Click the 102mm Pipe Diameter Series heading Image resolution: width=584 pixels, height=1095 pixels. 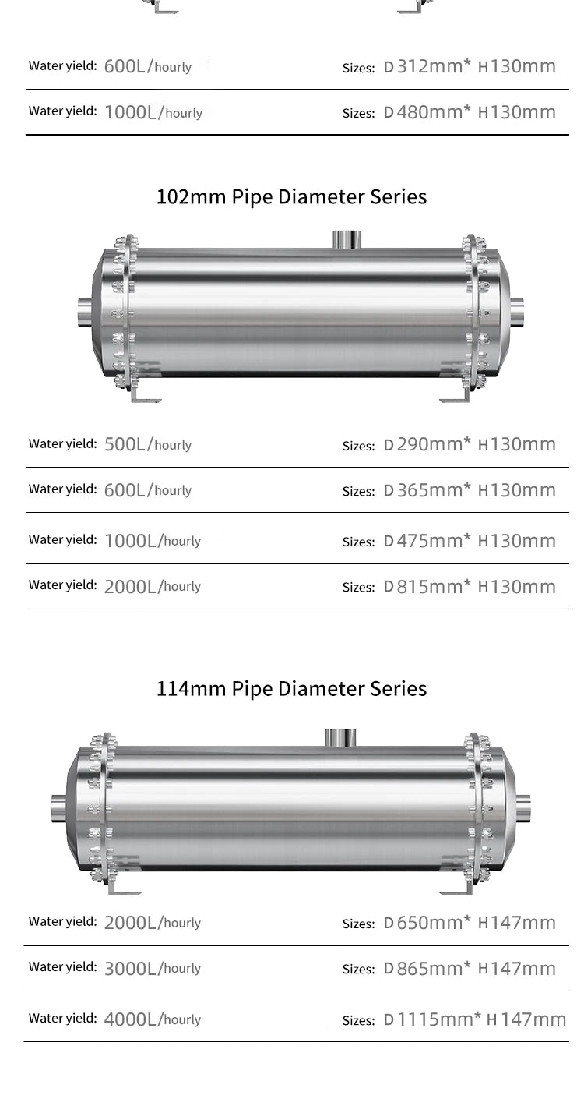click(291, 196)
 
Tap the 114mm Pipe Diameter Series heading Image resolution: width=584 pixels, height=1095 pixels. click(291, 689)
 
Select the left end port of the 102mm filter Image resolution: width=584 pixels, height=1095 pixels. click(85, 313)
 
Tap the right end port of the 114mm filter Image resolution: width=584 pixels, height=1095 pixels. click(522, 809)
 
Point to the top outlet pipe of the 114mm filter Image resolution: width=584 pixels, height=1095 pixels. click(339, 737)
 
